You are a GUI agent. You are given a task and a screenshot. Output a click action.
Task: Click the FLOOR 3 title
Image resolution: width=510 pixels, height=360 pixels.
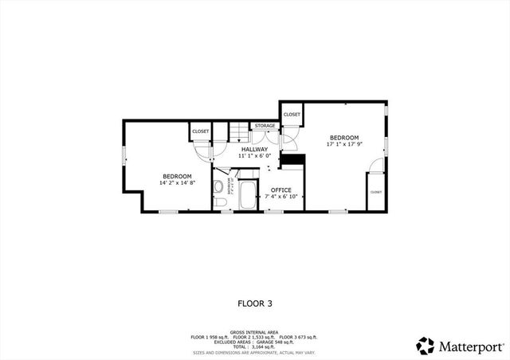click(x=255, y=303)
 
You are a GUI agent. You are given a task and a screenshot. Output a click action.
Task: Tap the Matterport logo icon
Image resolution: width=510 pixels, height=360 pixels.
click(x=426, y=346)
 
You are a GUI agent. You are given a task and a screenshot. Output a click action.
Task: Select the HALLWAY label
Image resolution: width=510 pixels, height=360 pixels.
click(x=255, y=150)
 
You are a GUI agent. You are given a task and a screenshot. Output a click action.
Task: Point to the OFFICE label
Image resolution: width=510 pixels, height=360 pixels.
click(x=281, y=190)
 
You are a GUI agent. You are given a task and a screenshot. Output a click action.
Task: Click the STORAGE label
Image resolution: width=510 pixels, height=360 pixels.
click(x=265, y=126)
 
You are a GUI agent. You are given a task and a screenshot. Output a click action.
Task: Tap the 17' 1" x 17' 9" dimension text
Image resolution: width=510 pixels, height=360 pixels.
click(x=344, y=145)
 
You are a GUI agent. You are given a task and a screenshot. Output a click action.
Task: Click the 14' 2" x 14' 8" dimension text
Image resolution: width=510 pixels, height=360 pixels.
click(x=177, y=183)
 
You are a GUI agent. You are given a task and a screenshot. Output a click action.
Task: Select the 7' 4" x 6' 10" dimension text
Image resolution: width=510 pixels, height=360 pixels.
click(x=281, y=197)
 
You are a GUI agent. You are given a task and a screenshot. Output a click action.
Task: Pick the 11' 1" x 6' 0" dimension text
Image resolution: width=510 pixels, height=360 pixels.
click(x=255, y=156)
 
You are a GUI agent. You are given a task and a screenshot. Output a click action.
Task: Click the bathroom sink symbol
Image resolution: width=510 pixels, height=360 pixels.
click(x=218, y=188)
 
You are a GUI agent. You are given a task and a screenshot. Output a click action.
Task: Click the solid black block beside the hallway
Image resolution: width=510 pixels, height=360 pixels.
click(x=295, y=159)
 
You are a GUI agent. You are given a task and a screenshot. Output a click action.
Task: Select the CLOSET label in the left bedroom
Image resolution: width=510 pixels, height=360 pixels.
click(x=200, y=131)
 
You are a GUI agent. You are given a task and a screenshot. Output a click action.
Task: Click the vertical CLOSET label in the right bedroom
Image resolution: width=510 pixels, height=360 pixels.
click(x=375, y=192)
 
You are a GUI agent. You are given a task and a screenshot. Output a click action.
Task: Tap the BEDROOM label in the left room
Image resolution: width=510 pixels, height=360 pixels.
click(x=177, y=176)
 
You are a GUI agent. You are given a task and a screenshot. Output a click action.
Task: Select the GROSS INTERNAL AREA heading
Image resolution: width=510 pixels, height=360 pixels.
click(x=254, y=332)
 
